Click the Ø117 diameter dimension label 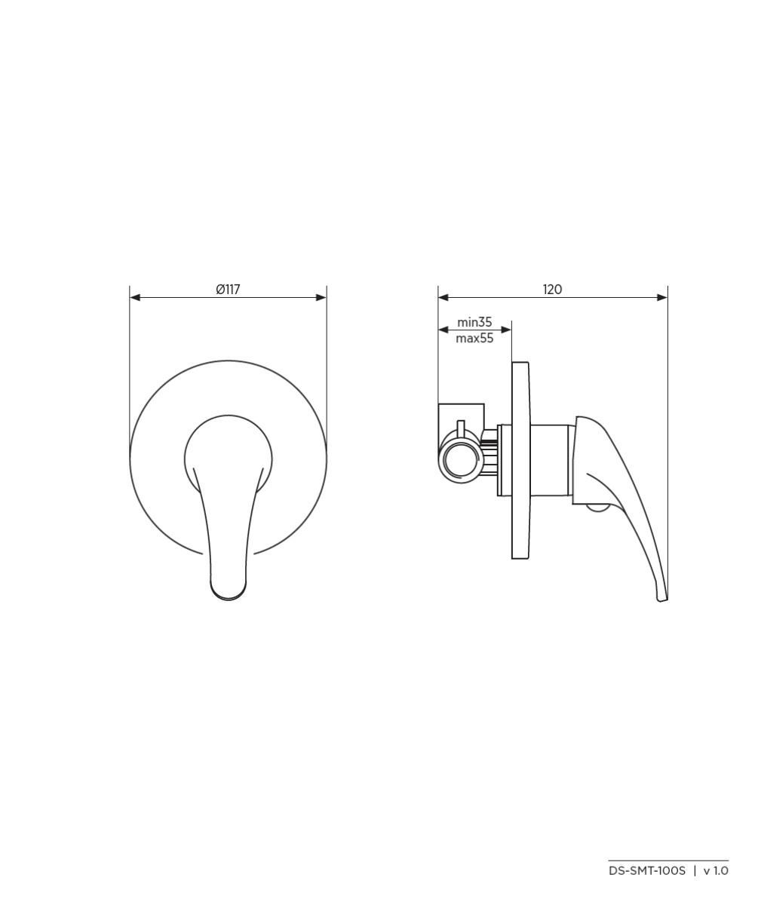tap(228, 290)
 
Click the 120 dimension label tap(552, 290)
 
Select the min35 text tap(474, 322)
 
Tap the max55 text tap(474, 339)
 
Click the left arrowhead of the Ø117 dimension tap(135, 297)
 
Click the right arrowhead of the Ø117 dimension tap(321, 297)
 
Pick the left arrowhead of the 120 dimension tap(443, 297)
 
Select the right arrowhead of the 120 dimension tap(662, 297)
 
